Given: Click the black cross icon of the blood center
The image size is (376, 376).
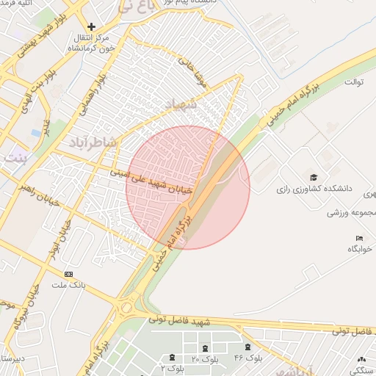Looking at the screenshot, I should [x=91, y=26].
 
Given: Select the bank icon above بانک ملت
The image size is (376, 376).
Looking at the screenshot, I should [x=69, y=273].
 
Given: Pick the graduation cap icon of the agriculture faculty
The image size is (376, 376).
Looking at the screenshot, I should [x=314, y=178].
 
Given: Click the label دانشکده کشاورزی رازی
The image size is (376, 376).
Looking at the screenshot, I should [x=314, y=189].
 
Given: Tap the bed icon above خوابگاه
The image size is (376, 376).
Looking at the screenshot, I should [x=359, y=238].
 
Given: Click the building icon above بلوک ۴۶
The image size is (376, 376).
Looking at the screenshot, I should [x=248, y=347].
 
